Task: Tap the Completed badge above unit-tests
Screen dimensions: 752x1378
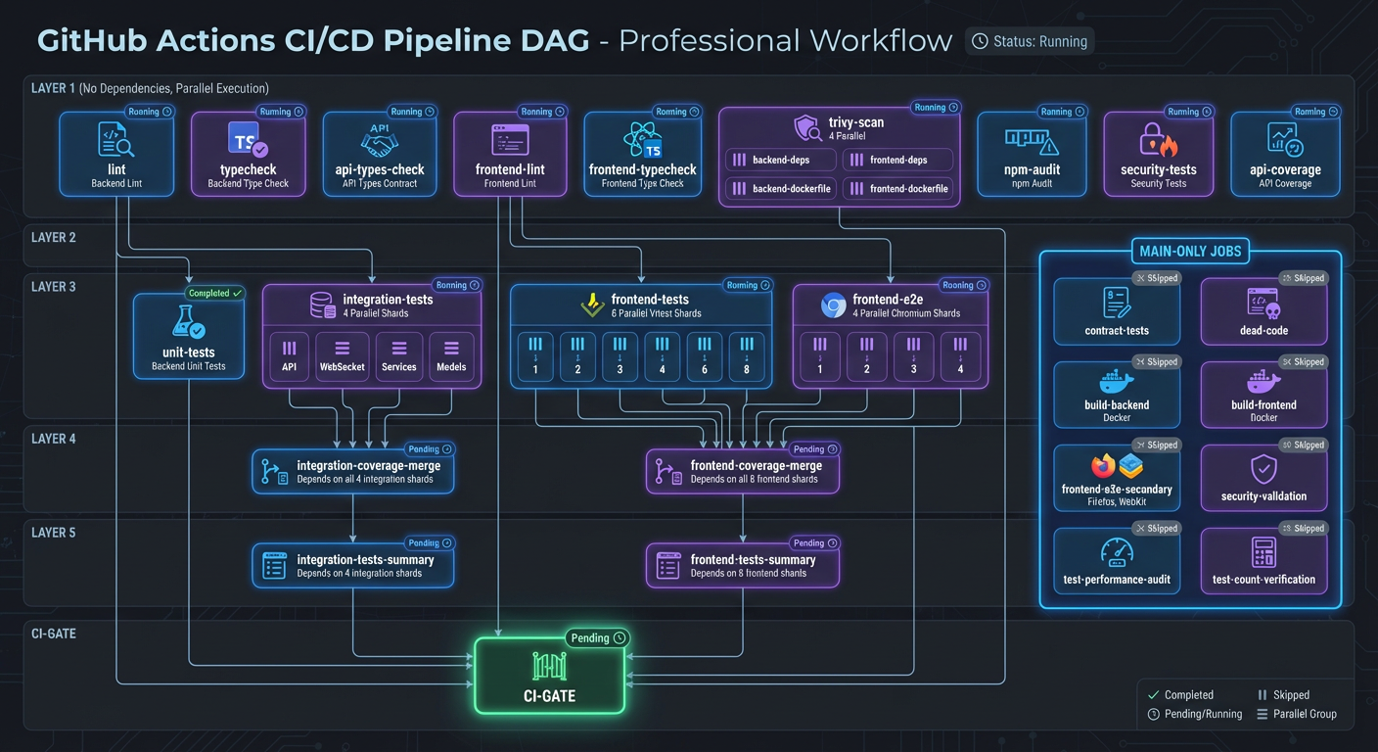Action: click(214, 293)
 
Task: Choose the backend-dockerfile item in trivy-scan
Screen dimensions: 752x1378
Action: click(780, 188)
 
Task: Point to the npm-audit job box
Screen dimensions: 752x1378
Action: click(1032, 153)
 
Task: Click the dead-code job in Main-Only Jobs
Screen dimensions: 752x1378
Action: click(1263, 311)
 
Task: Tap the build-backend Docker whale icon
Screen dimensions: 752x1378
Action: click(1116, 381)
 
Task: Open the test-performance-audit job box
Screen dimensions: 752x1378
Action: click(1117, 561)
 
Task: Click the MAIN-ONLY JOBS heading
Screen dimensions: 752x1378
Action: click(1189, 251)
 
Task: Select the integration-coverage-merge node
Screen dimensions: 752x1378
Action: click(353, 471)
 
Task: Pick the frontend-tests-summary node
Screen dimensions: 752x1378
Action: click(742, 565)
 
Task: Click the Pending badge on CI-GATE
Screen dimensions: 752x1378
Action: click(597, 638)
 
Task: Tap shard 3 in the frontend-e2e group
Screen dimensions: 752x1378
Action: click(913, 354)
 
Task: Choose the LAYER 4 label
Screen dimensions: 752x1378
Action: click(53, 439)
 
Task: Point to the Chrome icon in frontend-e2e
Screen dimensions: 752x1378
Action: click(833, 306)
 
